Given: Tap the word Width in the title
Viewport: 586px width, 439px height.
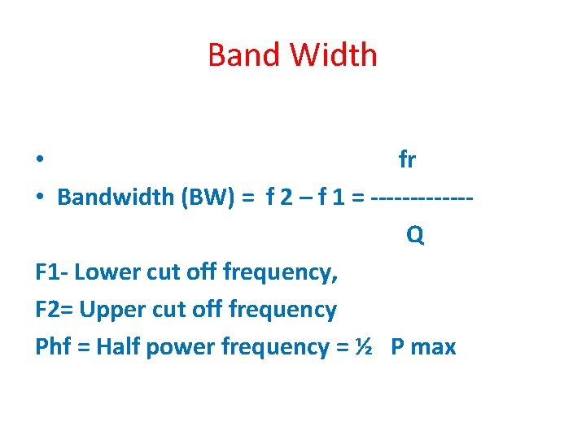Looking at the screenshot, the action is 333,55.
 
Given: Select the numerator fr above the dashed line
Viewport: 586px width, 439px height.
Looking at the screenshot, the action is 407,160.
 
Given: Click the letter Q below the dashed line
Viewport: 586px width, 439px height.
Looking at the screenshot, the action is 415,236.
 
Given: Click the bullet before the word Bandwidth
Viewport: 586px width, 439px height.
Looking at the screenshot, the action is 40,198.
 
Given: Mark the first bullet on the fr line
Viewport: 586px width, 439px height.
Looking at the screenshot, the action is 40,160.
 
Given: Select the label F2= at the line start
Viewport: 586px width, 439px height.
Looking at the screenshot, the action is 55,310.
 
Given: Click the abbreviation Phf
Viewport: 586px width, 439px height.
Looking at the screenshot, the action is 54,347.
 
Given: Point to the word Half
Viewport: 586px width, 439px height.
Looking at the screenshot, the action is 116,347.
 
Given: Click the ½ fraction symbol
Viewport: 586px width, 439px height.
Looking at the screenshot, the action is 363,347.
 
